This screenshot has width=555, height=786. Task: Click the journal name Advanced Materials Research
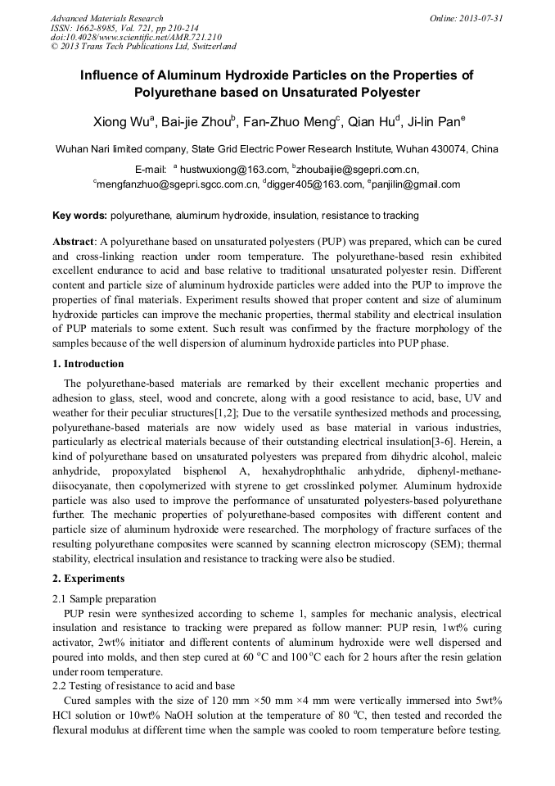[106, 18]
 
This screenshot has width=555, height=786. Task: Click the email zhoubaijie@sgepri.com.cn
[357, 170]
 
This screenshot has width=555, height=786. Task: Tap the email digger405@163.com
[314, 184]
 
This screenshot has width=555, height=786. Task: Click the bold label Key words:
[79, 216]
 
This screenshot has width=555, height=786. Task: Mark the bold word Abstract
[74, 243]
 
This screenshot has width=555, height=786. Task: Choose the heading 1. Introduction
[88, 364]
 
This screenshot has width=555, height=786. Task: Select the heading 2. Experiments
[88, 579]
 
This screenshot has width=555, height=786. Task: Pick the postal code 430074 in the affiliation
[453, 149]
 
